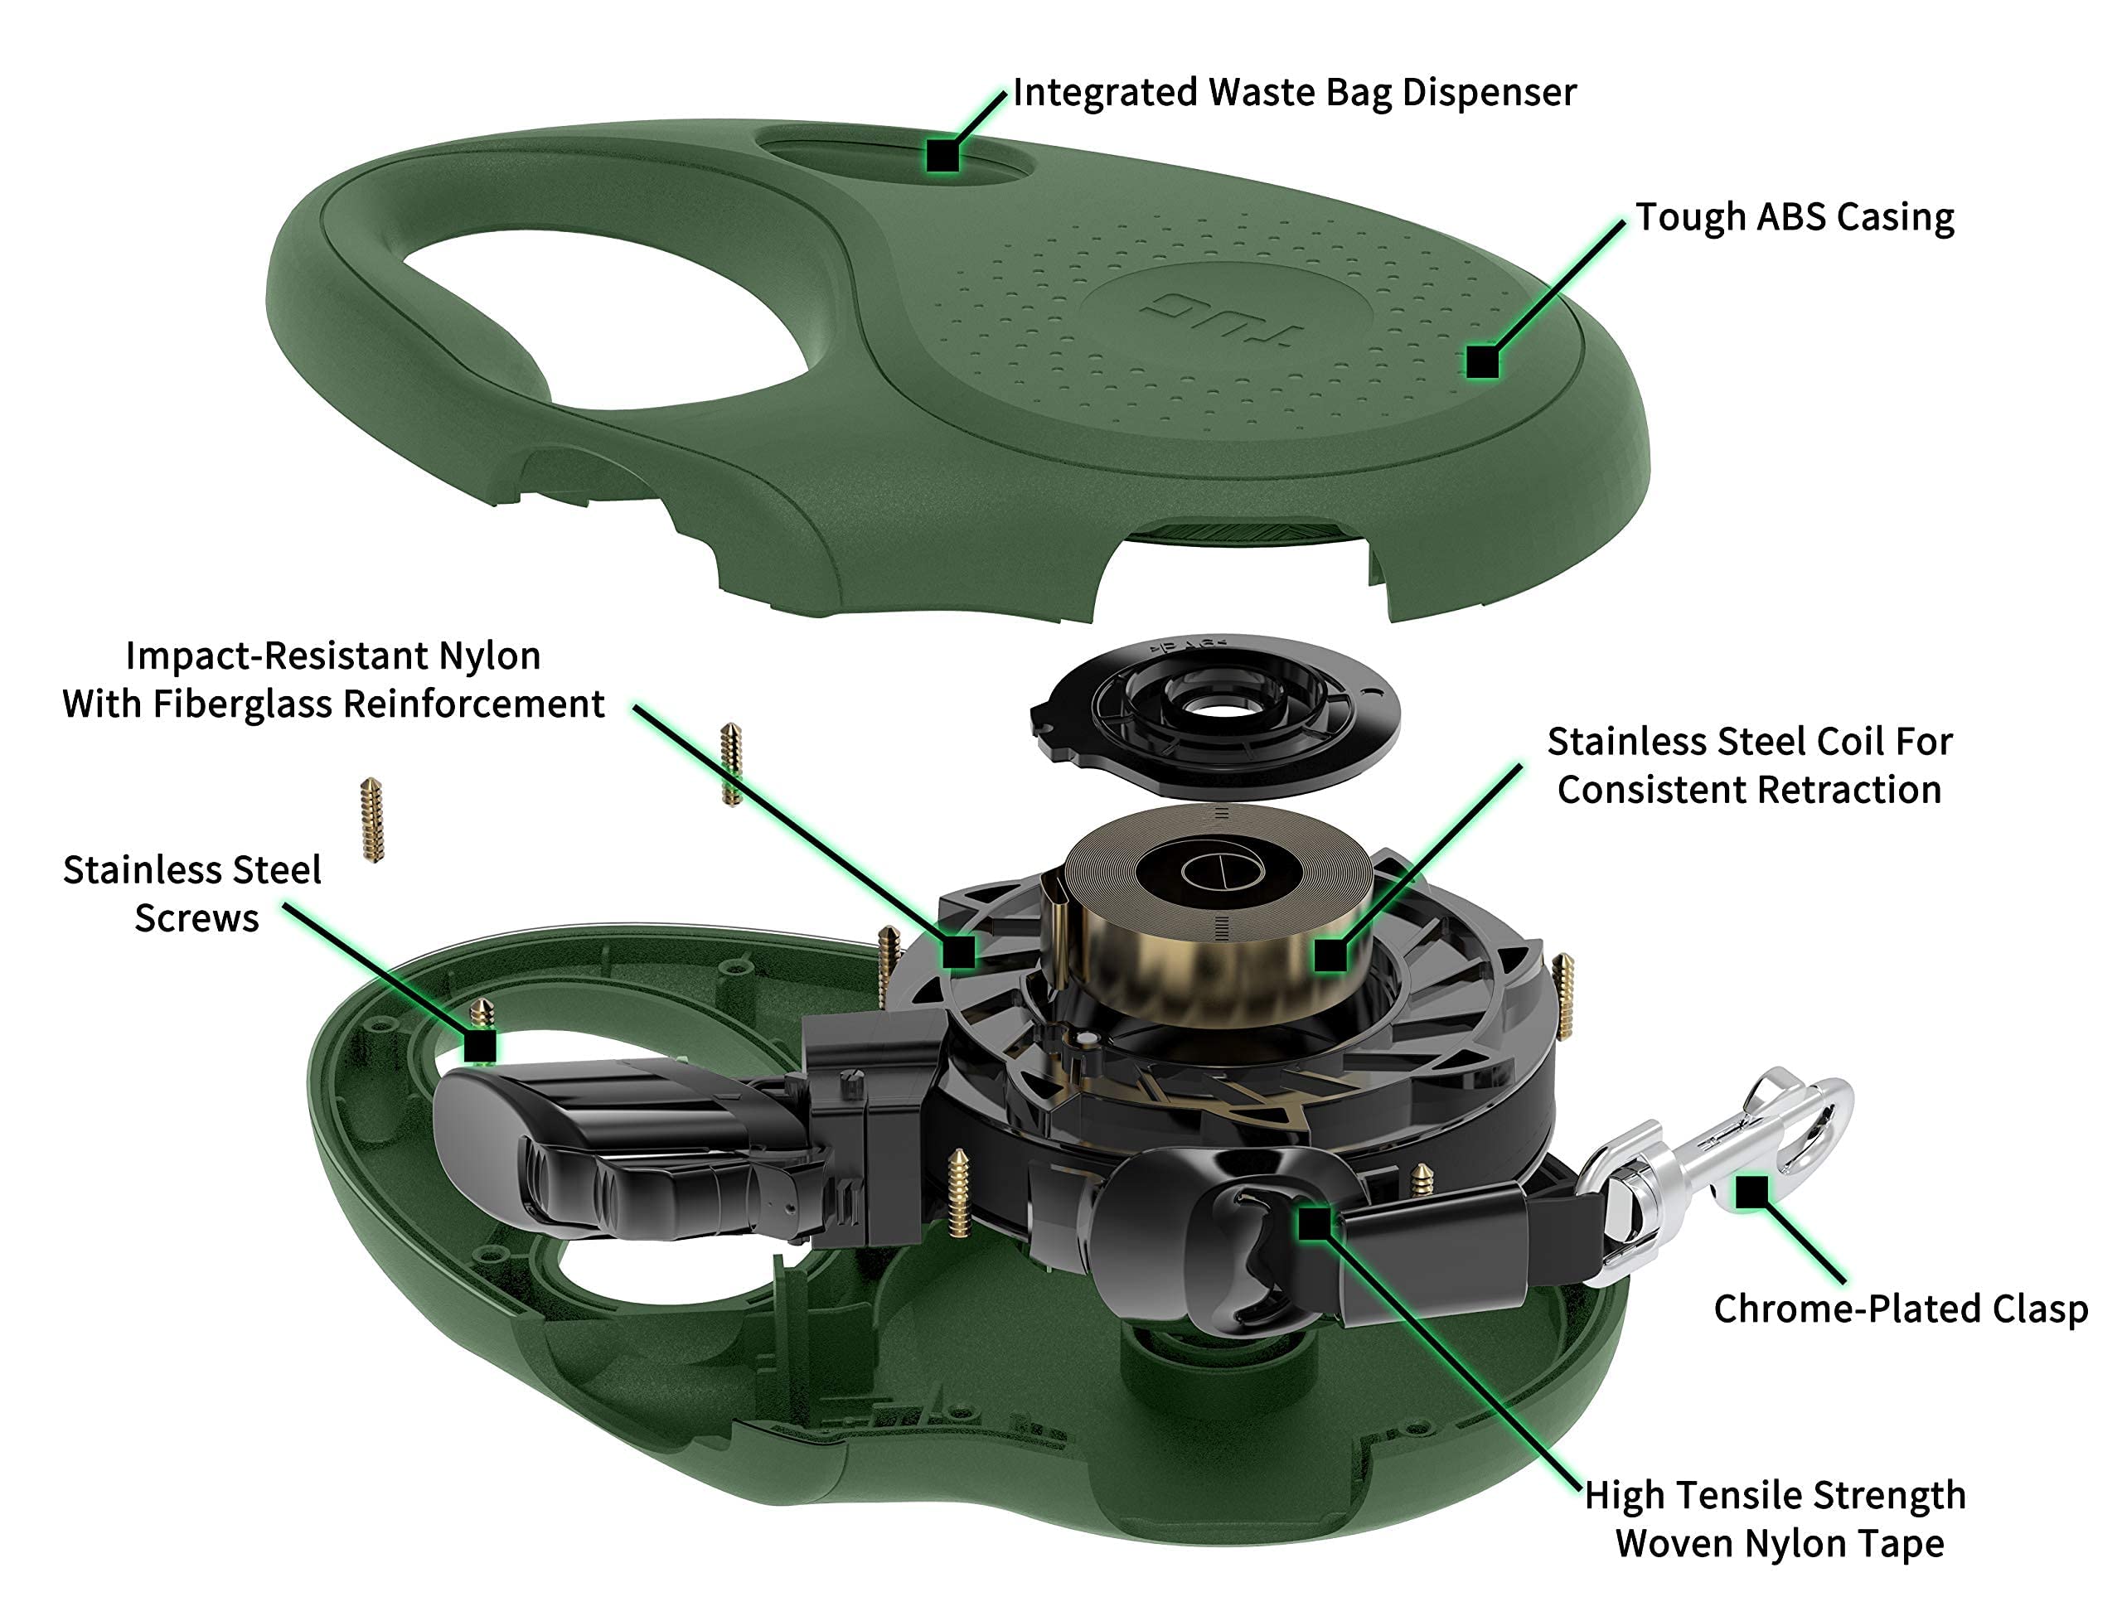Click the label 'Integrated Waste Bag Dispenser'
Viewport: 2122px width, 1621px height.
coord(1293,94)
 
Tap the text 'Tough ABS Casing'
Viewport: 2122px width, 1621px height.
coord(1794,218)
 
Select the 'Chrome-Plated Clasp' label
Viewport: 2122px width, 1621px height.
coord(1900,1309)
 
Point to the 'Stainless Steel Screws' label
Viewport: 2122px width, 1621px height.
coord(193,893)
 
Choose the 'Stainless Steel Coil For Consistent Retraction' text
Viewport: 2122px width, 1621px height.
coord(1748,766)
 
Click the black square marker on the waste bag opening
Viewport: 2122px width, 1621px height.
coord(942,155)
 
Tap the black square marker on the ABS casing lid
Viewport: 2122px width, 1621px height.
coord(1481,362)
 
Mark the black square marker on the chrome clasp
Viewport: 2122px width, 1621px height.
coord(1751,1193)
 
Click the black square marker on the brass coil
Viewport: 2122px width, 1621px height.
coord(1330,956)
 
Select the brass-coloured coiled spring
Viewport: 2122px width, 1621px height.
coord(1206,927)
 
